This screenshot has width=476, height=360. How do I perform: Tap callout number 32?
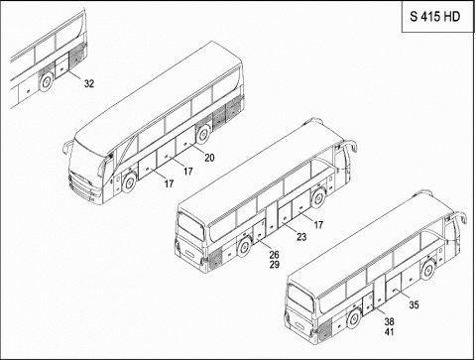(x=88, y=83)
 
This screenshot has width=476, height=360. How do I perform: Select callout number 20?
(x=209, y=157)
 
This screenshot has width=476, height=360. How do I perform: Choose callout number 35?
(x=415, y=303)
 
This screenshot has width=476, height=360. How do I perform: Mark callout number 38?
(x=389, y=321)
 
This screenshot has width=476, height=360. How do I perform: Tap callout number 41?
(x=389, y=332)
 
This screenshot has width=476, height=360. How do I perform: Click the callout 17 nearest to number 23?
(x=318, y=225)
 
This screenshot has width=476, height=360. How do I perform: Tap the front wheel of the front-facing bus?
(x=128, y=182)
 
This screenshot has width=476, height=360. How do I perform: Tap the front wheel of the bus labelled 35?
(x=428, y=268)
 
